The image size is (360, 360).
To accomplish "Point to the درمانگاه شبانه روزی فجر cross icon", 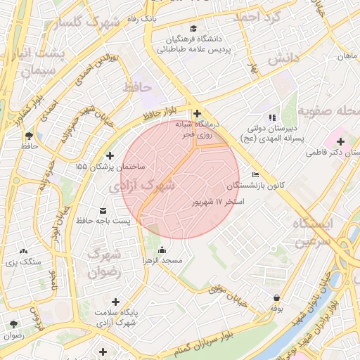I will pos(197,113).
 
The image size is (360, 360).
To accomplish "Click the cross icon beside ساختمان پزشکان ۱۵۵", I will pos(109,155).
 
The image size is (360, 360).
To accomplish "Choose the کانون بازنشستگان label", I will pos(258,185).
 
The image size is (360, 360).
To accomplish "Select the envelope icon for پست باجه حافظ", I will pos(103,210).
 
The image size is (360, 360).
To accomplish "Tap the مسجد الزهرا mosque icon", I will pos(162,250).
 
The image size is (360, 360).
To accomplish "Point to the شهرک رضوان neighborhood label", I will pos(105,262).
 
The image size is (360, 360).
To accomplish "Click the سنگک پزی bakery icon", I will pos(24,251).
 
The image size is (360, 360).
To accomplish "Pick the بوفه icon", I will pos(276,297).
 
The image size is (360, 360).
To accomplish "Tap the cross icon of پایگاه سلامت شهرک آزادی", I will pos(115,302).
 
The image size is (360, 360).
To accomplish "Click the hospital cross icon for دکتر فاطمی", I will pos(341,142).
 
